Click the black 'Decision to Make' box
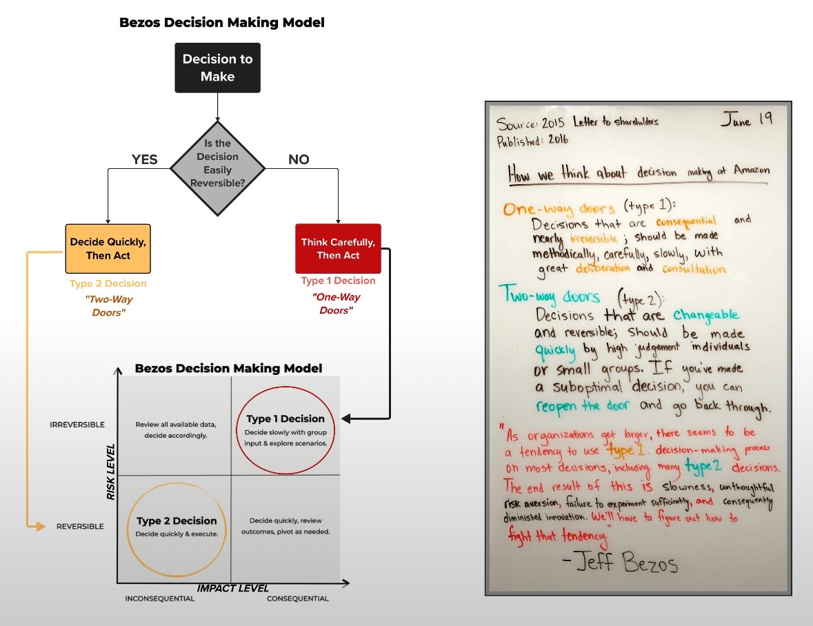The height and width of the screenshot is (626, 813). [x=217, y=68]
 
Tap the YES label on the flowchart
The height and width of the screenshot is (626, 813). [x=145, y=160]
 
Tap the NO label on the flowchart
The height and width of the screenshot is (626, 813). [x=298, y=160]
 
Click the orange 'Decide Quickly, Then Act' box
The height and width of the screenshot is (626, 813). [x=108, y=249]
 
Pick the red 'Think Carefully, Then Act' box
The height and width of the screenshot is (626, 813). [x=338, y=249]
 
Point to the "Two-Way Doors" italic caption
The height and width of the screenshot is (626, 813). [x=108, y=306]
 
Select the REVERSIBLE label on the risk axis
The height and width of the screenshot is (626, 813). [x=80, y=527]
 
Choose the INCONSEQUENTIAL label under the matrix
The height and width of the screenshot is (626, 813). [x=160, y=598]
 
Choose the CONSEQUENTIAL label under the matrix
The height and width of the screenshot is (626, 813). [x=298, y=598]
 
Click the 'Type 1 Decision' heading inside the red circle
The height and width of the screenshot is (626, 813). [x=285, y=418]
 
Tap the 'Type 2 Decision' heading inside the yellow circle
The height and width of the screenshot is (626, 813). [x=177, y=521]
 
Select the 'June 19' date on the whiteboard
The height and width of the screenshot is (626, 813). [x=747, y=119]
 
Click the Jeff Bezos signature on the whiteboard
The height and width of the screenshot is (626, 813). [x=620, y=564]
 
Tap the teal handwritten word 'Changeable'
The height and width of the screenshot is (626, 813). [x=705, y=315]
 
